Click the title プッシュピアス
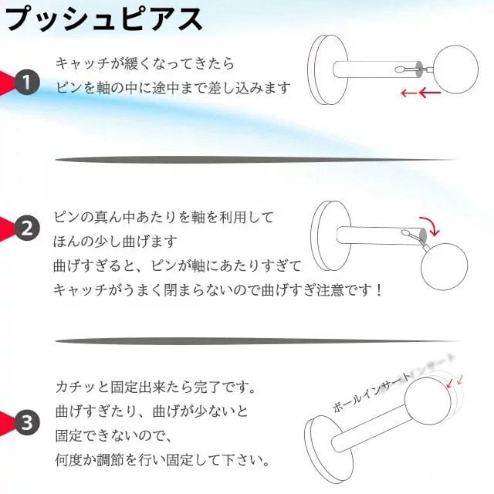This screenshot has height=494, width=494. pyautogui.click(x=105, y=19)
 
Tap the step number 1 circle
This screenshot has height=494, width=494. pyautogui.click(x=28, y=83)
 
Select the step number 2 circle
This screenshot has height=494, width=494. pyautogui.click(x=28, y=228)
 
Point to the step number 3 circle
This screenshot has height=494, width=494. pyautogui.click(x=28, y=422)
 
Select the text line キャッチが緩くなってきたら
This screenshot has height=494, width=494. pyautogui.click(x=144, y=63)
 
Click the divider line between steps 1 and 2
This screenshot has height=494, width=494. pyautogui.click(x=255, y=160)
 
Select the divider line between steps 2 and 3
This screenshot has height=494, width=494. pyautogui.click(x=255, y=340)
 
